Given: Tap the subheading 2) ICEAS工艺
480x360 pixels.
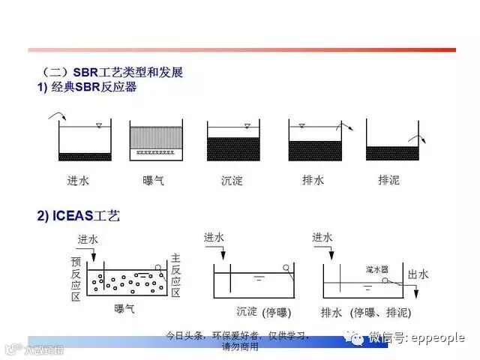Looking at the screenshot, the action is coord(79,216).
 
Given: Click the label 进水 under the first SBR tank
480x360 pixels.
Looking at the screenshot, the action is coord(78,180).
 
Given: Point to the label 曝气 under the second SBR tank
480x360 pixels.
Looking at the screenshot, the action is coord(154,180).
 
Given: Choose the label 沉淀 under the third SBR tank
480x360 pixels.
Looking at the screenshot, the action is coord(232,180).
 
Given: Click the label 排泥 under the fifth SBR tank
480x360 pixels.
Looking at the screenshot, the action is coord(389,180).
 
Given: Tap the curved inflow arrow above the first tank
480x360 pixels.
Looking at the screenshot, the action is coord(56,115).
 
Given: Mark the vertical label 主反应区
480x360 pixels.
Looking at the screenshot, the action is coord(176,274).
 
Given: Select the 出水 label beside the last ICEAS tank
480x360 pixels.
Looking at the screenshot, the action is coord(418,274).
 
